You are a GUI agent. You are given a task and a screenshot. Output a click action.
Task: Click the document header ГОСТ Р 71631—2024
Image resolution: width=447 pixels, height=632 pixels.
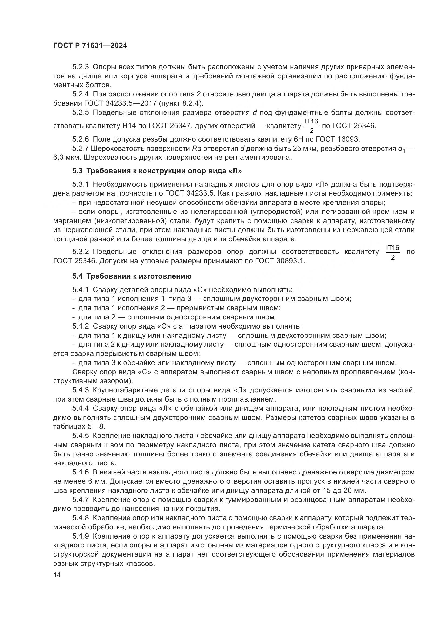point(90,46)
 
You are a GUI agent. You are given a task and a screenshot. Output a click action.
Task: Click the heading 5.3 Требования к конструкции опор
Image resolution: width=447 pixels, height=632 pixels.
point(157,171)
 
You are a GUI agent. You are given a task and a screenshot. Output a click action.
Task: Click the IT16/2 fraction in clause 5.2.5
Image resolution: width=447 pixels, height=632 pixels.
point(311,126)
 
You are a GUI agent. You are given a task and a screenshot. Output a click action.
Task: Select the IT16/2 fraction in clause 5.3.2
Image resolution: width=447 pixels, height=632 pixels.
point(392,252)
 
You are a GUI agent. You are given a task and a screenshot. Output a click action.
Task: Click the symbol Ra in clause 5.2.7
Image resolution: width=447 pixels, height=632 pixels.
point(197,149)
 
